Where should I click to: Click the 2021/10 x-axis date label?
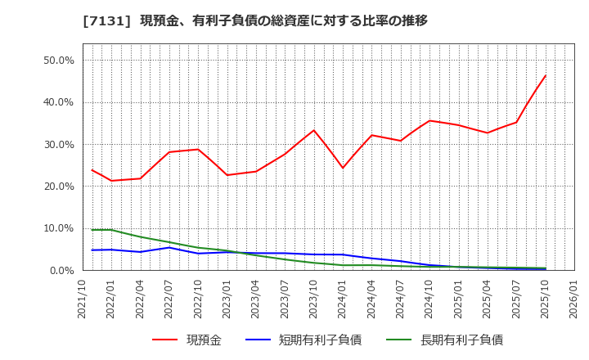[x=83, y=299]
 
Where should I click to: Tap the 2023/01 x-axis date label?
[x=227, y=299]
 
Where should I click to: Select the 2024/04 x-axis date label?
[x=371, y=299]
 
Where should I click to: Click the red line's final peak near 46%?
[x=545, y=76]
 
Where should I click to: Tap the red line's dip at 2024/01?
[x=343, y=169]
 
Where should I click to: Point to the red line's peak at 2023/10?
[x=313, y=130]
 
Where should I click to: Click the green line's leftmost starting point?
[x=92, y=230]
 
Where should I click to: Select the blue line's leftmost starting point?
[x=92, y=250]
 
